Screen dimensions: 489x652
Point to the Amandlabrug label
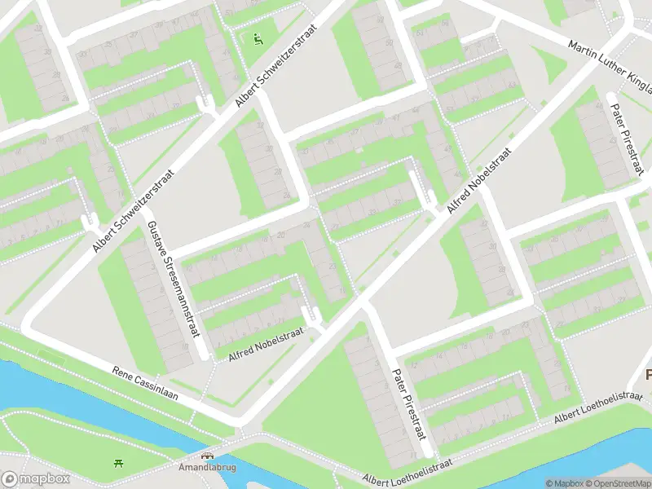pos(207,469)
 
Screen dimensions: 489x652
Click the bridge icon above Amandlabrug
pos(207,457)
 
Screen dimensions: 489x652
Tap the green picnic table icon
pos(120,464)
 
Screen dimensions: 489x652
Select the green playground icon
pos(258,37)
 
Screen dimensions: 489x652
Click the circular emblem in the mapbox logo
pos(11,479)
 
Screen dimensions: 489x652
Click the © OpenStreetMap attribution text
pos(619,483)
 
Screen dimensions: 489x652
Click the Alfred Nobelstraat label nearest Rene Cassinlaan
pos(266,341)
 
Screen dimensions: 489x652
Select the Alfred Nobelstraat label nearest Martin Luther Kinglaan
pos(478,181)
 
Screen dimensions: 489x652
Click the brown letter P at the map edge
pos(647,376)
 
